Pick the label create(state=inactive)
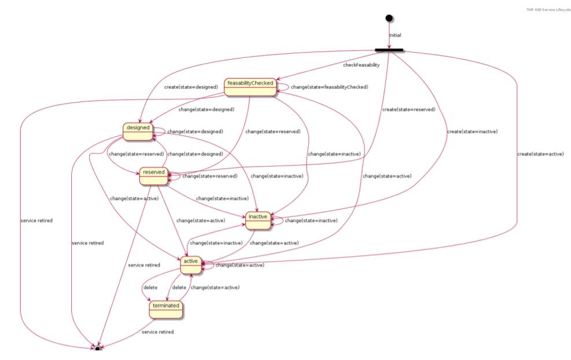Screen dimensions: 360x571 coord(473,131)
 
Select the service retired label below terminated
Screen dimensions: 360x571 coord(158,332)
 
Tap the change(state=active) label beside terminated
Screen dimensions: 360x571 coord(215,287)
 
